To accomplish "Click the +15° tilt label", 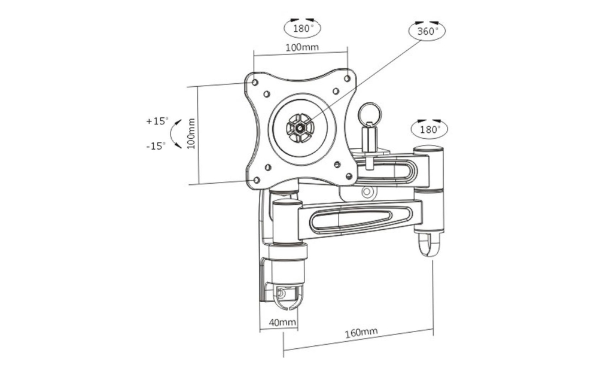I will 157,121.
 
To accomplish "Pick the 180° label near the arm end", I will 429,128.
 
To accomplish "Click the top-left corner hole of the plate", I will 255,81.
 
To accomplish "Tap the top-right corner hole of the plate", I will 348,78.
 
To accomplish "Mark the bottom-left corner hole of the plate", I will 257,179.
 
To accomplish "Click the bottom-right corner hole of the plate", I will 349,176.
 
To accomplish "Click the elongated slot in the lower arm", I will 358,217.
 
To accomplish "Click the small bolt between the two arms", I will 368,193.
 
